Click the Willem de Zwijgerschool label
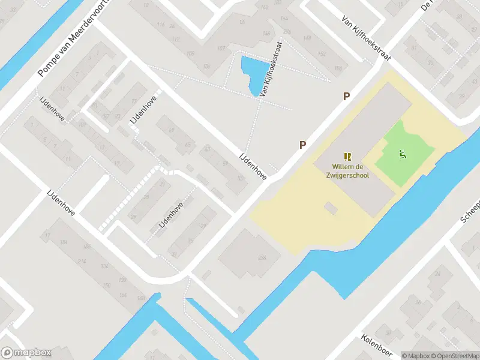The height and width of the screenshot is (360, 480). (x=350, y=171)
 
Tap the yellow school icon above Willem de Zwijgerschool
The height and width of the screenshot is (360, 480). (x=348, y=157)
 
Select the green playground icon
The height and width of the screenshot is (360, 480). (x=403, y=154)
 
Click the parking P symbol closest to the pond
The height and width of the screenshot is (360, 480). (x=346, y=96)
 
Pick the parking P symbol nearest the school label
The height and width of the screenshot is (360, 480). (x=303, y=145)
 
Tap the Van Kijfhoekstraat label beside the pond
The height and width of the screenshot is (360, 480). (x=272, y=78)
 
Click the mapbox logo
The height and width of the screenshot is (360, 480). (x=26, y=353)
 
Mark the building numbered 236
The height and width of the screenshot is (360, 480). (x=262, y=258)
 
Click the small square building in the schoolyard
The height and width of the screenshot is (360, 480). (x=331, y=208)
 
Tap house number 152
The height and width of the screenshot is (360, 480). (x=322, y=53)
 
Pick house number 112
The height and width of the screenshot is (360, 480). (x=175, y=39)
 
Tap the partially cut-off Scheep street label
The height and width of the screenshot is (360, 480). (x=471, y=211)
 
